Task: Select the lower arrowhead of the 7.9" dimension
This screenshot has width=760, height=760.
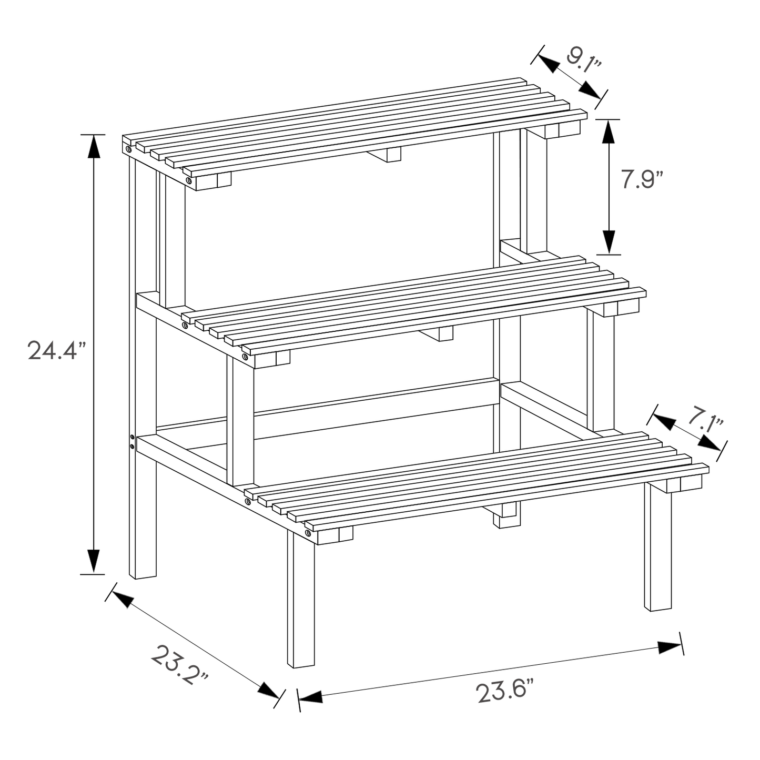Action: [x=609, y=242]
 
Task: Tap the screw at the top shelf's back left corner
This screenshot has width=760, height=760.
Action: [x=128, y=149]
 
